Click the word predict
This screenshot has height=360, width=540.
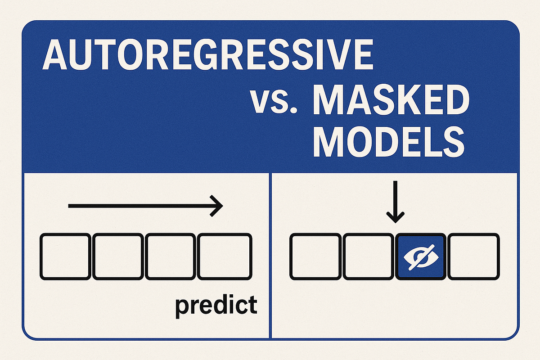click(216, 305)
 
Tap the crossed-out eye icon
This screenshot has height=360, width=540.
click(421, 256)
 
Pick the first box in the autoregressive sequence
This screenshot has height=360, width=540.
click(65, 256)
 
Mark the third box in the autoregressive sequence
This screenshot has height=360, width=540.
click(171, 256)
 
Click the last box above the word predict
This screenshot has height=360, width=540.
click(224, 256)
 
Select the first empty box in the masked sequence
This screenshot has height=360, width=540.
click(315, 256)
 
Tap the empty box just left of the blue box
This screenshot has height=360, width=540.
click(368, 256)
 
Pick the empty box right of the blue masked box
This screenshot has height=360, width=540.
click(473, 256)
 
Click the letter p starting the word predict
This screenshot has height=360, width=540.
click(181, 306)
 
